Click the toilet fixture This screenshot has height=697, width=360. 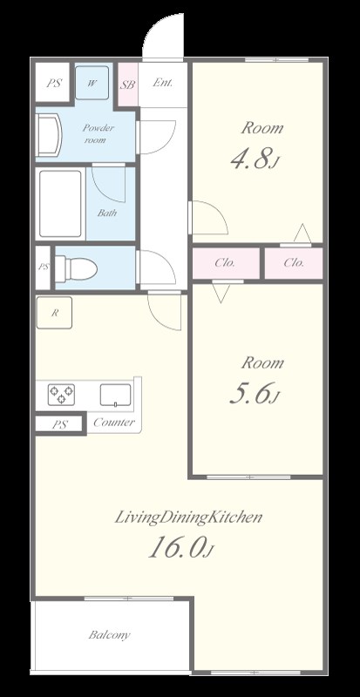click(x=76, y=268)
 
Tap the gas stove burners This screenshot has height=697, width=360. click(x=61, y=395)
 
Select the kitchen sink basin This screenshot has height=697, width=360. click(x=115, y=396)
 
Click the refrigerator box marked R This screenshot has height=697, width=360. click(x=54, y=313)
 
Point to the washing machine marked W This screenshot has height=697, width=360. click(x=92, y=83)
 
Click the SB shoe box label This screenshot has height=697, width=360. click(x=128, y=85)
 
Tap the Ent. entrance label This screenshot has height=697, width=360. click(x=163, y=83)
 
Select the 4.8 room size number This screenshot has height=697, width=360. click(x=254, y=159)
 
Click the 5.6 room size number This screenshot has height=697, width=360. click(x=254, y=394)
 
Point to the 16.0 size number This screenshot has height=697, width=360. click(x=181, y=547)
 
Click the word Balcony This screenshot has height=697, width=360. click(x=110, y=635)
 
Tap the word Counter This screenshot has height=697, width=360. click(x=114, y=423)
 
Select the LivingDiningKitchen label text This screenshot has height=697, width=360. click(x=188, y=518)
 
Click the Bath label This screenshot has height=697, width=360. click(x=107, y=213)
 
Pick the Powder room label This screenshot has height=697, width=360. click(x=98, y=134)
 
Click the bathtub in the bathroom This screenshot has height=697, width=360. click(x=61, y=204)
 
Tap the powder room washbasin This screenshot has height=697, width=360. click(x=49, y=135)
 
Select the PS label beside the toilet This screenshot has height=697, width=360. click(x=44, y=267)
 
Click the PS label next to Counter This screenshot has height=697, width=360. click(x=59, y=424)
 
